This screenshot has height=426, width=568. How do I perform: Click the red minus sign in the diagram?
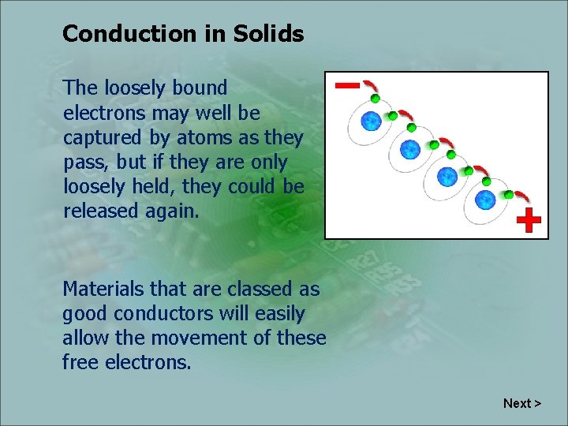click(x=346, y=84)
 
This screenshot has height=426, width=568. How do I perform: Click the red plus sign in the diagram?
click(x=529, y=222)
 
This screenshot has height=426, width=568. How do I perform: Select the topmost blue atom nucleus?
click(x=371, y=121)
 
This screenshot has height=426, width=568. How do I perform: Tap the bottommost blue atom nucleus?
click(x=485, y=200)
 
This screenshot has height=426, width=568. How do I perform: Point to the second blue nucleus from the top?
click(x=409, y=148)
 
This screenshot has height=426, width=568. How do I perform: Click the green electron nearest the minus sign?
click(x=376, y=99)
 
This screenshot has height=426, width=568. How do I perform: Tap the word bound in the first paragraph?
click(x=202, y=88)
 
